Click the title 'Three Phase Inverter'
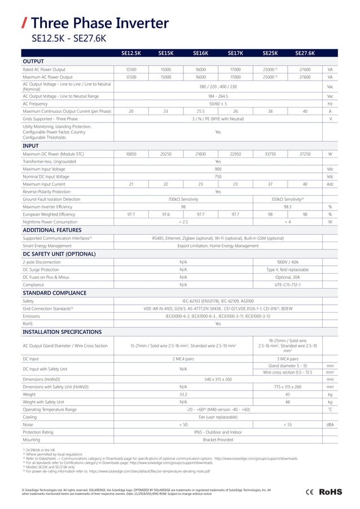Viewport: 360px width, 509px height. pos(100,23)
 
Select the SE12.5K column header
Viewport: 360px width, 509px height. pos(131,53)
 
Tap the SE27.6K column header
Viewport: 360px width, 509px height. pos(305,53)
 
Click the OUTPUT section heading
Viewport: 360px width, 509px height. pos(33,61)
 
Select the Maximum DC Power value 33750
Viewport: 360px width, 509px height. pos(270,153)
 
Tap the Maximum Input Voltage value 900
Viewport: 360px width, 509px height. pos(218,168)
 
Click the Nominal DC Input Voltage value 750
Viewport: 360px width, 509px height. pos(218,176)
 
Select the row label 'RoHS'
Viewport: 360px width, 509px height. pos(27,323)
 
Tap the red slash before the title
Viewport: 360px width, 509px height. pos(24,24)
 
